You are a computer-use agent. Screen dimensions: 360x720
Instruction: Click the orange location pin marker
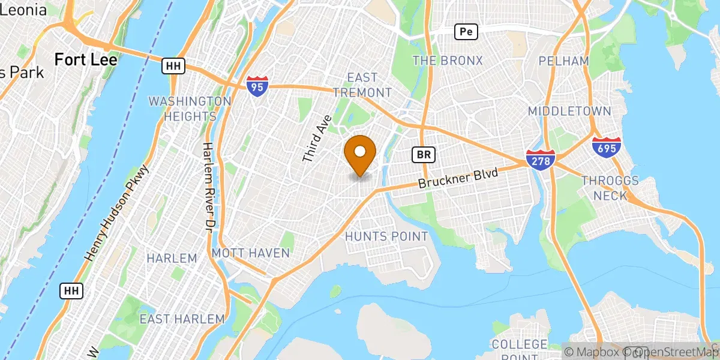361,154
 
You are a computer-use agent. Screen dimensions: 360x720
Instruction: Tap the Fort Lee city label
85,59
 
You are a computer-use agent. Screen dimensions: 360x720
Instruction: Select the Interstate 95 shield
256,87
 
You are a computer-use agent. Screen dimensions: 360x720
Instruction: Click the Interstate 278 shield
540,159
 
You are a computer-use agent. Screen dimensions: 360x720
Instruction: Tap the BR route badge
424,155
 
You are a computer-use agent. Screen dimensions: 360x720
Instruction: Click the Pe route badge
466,32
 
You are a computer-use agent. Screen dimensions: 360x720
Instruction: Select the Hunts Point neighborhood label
386,236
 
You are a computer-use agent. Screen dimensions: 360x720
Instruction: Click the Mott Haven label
251,253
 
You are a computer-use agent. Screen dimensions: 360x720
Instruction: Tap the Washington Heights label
190,109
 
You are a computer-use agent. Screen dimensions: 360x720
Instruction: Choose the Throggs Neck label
610,188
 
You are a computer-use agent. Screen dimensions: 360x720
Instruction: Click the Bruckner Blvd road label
458,178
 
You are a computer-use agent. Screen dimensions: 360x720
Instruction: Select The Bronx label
448,61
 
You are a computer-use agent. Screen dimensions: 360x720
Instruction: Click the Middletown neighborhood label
569,111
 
